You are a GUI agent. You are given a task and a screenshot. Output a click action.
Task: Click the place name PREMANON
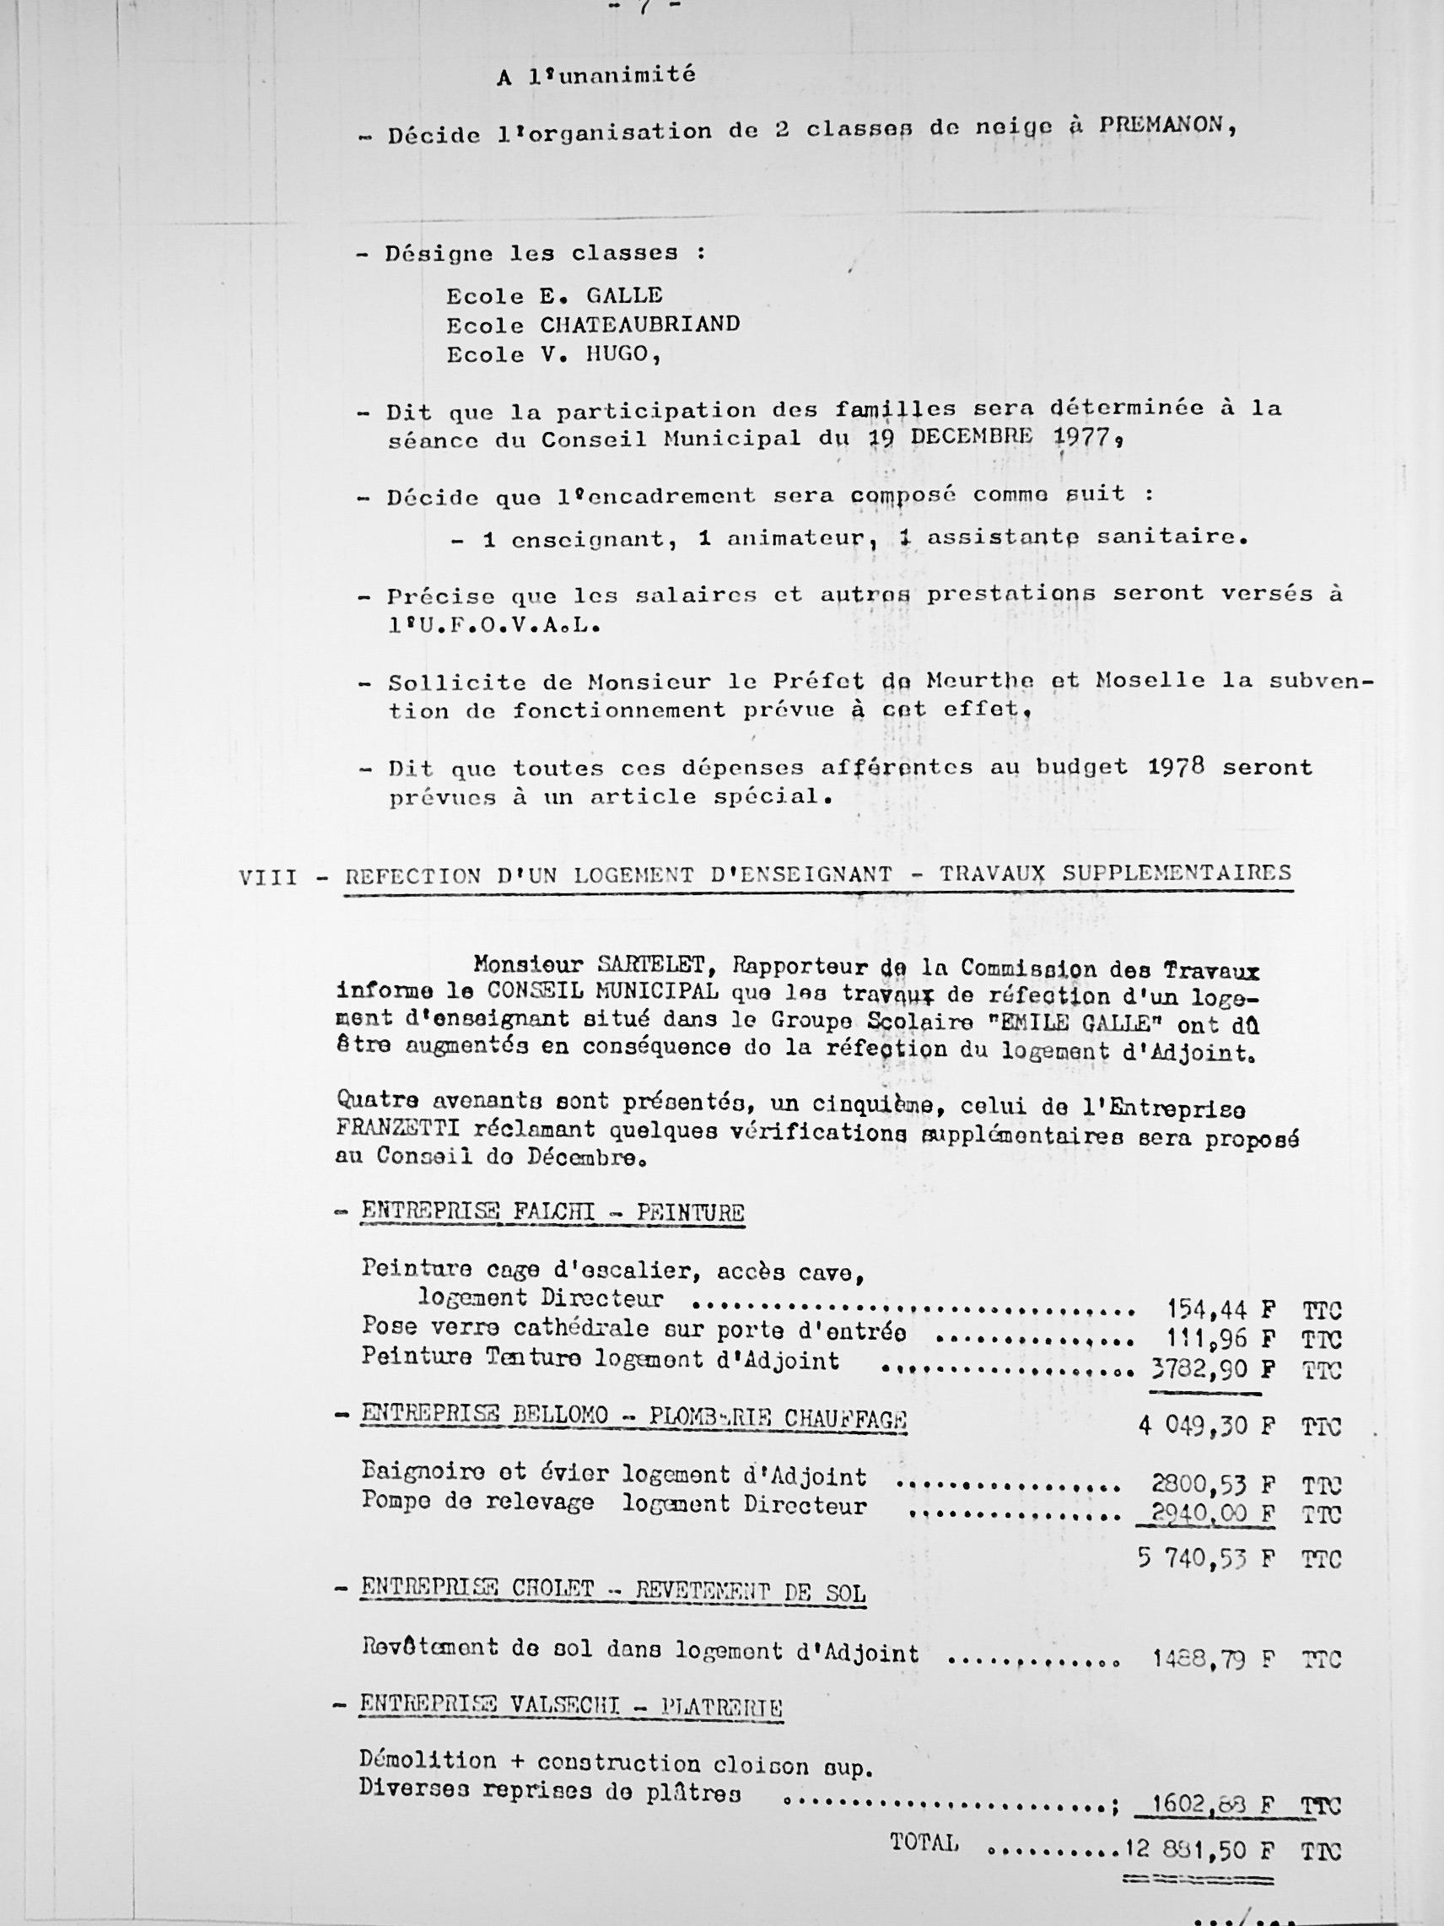click(x=1165, y=125)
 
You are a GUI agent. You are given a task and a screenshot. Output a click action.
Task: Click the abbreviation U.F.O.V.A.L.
click(x=494, y=624)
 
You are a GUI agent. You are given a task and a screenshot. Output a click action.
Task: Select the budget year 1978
click(x=1176, y=766)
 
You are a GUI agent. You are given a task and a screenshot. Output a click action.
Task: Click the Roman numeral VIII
click(x=269, y=877)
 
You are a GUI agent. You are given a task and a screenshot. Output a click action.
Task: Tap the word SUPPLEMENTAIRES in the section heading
click(x=1176, y=873)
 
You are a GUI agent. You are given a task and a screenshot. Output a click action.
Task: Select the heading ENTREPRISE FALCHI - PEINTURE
click(x=552, y=1211)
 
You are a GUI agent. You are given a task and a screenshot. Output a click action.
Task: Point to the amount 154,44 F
click(x=1220, y=1309)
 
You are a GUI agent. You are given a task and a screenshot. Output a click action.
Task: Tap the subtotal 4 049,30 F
click(x=1206, y=1426)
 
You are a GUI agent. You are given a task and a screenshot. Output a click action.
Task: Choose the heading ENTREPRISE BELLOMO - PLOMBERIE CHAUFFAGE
click(x=633, y=1416)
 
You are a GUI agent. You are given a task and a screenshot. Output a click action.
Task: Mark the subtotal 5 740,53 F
click(x=1206, y=1557)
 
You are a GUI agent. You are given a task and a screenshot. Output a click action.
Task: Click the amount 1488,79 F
click(x=1214, y=1658)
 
